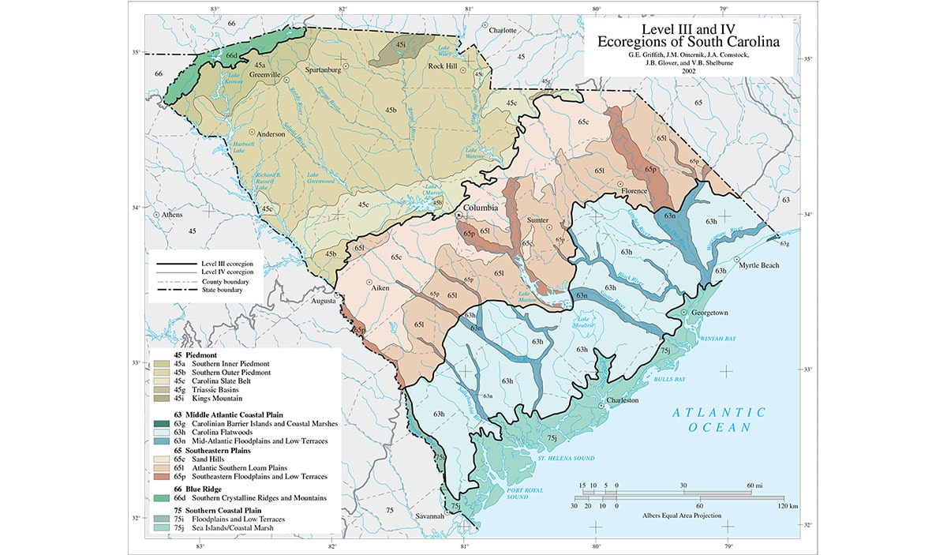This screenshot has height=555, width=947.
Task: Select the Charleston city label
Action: click(x=625, y=400)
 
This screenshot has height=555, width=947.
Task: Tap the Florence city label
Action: click(x=637, y=191)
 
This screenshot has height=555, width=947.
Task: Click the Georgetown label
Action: click(x=709, y=313)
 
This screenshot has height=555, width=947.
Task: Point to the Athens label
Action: click(x=171, y=215)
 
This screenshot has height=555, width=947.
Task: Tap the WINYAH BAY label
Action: click(x=717, y=338)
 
